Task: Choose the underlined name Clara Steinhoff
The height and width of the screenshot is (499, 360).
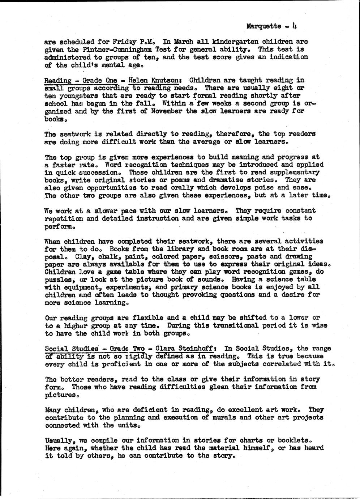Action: click(185, 349)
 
